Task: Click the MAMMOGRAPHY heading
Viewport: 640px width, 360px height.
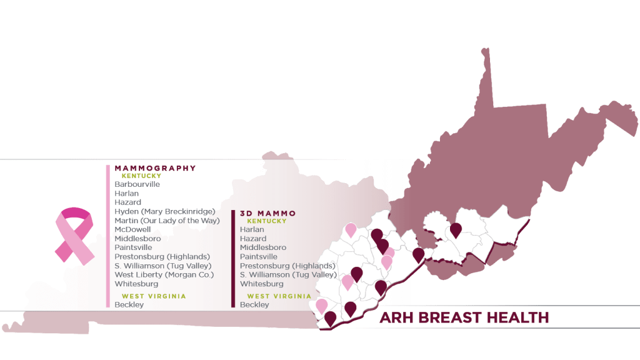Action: coord(155,168)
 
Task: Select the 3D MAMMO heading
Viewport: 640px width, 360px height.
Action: coord(267,213)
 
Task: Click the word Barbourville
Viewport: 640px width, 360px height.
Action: coord(137,184)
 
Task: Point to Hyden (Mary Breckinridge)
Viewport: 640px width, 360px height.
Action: coord(165,211)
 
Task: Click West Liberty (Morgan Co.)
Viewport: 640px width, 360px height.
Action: coord(164,274)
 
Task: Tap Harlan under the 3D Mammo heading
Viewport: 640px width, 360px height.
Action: coord(252,229)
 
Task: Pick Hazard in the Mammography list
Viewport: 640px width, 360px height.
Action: coord(127,202)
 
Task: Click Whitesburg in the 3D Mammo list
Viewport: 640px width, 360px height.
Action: coord(261,284)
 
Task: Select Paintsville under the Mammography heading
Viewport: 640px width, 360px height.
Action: coord(133,247)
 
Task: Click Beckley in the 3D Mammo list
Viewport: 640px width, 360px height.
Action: coord(254,304)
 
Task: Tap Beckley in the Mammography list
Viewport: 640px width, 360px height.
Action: coord(129,304)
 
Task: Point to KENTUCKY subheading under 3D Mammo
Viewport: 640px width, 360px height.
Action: coord(267,221)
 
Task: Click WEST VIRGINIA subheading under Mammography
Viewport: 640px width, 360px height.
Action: coord(154,296)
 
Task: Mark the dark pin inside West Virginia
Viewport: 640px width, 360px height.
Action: coord(456,230)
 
